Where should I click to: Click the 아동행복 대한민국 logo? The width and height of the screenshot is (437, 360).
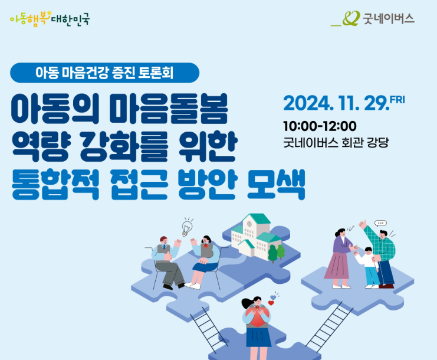click(x=50, y=19)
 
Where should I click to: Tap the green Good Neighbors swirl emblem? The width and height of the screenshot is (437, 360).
click(x=350, y=18)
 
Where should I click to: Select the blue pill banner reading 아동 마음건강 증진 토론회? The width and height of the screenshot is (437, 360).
click(x=104, y=73)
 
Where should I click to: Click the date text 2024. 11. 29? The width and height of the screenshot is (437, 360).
click(x=336, y=103)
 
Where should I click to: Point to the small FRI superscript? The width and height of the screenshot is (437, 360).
click(x=397, y=100)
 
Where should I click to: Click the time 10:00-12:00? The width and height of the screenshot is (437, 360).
click(x=320, y=126)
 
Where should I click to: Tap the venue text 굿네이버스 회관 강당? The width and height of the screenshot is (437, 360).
click(x=336, y=142)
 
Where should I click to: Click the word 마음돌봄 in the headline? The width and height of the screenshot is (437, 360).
click(x=169, y=109)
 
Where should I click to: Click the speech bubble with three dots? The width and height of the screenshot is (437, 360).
click(x=380, y=223)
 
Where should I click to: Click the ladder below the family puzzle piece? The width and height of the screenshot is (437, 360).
click(x=329, y=327)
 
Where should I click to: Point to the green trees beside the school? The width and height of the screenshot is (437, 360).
click(x=277, y=253)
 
